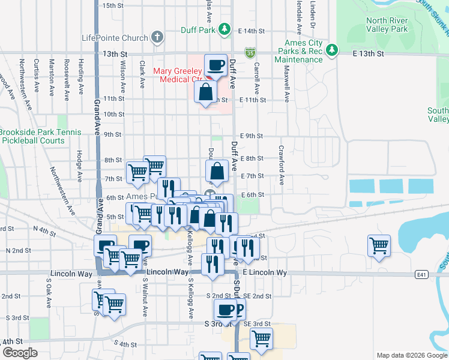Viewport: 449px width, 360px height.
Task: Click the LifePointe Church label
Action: coord(115,38)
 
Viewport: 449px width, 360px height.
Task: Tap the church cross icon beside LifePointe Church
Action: coord(157,37)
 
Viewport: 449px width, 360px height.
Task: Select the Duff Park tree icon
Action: coord(224,28)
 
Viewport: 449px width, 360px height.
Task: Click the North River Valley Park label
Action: coord(387,25)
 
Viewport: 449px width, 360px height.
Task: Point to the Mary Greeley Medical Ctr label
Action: coord(178,75)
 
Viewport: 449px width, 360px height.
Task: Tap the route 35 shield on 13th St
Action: coord(250,53)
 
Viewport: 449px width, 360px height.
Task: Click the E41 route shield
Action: coord(422,274)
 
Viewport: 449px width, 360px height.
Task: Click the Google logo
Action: coord(20,352)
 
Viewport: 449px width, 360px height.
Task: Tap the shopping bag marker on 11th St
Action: coord(205,92)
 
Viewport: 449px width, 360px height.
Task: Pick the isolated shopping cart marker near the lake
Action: coord(379,245)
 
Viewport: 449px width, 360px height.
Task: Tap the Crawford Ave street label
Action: coord(280,164)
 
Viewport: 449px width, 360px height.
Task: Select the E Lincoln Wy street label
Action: coord(265,273)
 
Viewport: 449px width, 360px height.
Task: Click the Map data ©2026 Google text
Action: coord(411,355)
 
